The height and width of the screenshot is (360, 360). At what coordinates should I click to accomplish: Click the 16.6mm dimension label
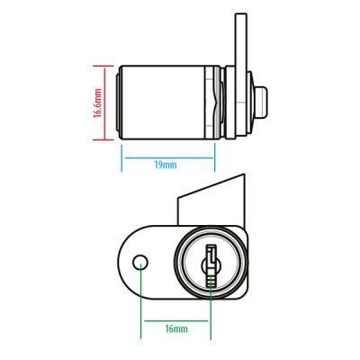(x=97, y=103)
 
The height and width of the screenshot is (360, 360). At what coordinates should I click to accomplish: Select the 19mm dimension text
(x=166, y=165)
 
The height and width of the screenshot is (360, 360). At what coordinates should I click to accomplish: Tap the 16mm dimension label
(x=176, y=328)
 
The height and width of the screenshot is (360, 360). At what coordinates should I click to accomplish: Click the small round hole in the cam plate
(x=140, y=263)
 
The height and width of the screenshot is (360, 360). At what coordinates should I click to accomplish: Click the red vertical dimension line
(x=104, y=103)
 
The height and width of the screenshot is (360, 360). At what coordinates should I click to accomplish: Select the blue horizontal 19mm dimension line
(x=169, y=157)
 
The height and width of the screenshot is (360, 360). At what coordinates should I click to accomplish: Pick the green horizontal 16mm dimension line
(x=176, y=320)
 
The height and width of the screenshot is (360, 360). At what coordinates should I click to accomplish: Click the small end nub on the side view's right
(x=260, y=103)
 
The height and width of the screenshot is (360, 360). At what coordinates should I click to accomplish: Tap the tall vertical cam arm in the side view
(x=240, y=75)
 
